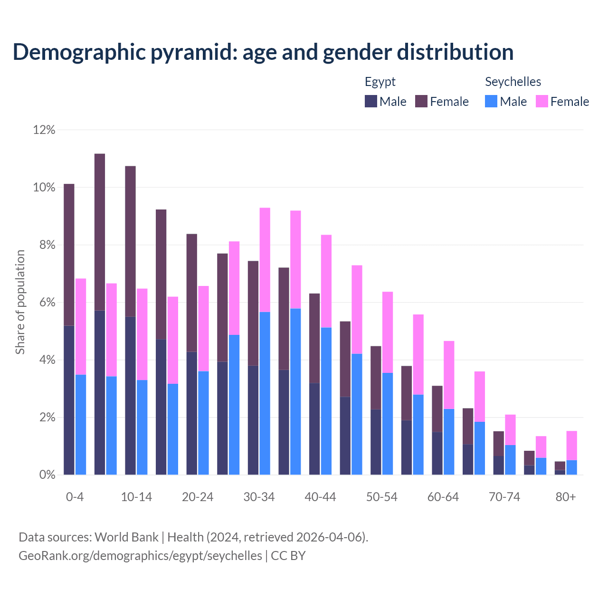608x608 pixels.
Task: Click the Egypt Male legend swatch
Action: [371, 101]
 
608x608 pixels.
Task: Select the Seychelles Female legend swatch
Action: [542, 101]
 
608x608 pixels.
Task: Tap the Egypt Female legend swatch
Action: [421, 101]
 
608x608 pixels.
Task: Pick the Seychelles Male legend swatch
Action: [491, 101]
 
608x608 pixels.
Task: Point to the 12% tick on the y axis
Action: [44, 130]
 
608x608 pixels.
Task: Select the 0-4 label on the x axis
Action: [75, 497]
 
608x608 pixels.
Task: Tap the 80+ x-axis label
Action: [566, 497]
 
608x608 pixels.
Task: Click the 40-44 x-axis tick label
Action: [320, 497]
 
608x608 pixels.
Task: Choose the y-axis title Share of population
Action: [20, 302]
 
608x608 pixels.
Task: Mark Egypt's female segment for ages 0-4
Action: [69, 254]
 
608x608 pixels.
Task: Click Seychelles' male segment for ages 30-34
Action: [265, 393]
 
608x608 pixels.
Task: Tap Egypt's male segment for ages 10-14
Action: [130, 395]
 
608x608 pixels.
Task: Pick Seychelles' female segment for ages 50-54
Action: [388, 332]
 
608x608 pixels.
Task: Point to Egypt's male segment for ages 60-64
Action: [437, 453]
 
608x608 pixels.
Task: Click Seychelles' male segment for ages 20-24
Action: [203, 423]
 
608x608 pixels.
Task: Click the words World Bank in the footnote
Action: [126, 537]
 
